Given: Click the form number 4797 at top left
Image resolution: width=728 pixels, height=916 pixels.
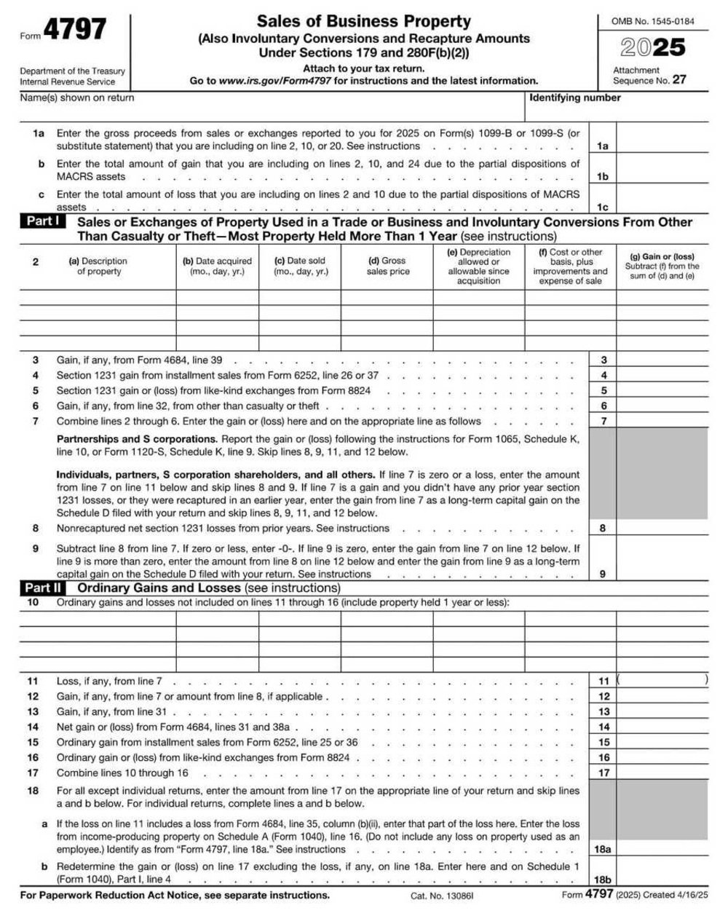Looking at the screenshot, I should tap(74, 30).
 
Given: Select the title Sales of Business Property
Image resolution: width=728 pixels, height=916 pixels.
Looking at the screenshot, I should tap(363, 21).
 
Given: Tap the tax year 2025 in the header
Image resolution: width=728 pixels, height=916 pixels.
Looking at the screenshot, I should tap(652, 47).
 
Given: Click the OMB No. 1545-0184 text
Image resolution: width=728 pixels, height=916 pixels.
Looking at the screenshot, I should tap(652, 21).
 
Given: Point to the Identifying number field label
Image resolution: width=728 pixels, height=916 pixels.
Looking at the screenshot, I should tap(574, 98).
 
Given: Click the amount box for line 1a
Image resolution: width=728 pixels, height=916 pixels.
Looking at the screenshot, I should tap(662, 146).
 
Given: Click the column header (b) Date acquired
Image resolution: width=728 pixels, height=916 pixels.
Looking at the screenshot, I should tap(217, 266).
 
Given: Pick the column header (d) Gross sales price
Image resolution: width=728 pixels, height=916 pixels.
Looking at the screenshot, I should tap(387, 266).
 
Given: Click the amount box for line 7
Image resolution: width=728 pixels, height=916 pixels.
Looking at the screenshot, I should tap(662, 421).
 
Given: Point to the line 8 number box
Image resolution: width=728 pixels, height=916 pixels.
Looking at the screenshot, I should tap(603, 529).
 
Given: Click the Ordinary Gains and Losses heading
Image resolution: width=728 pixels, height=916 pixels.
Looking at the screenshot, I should tap(159, 588).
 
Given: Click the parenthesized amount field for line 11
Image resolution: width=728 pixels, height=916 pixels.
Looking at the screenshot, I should tap(662, 681).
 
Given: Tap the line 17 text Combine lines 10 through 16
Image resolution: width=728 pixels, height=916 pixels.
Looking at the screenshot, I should tap(122, 773).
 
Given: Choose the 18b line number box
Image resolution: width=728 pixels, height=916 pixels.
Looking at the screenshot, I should tap(603, 880).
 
